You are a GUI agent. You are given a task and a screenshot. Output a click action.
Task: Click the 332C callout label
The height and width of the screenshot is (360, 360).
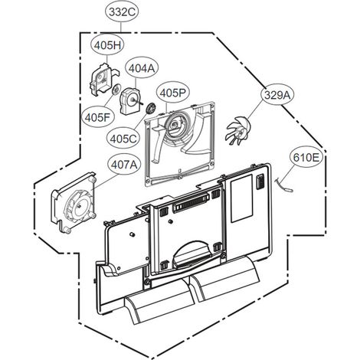(x=122, y=12)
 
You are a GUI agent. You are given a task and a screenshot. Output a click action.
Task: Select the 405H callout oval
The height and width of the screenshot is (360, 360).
(x=108, y=45)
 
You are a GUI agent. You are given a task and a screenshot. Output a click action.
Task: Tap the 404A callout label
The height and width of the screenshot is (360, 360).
(x=142, y=68)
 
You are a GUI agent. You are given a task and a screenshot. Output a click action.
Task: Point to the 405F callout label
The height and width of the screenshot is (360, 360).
(x=98, y=117)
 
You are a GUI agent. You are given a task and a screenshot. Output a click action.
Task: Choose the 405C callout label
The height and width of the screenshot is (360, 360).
(x=123, y=139)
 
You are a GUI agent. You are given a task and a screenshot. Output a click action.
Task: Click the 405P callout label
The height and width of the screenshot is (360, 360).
(x=172, y=93)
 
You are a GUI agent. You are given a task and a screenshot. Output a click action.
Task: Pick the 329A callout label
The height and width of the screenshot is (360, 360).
(x=277, y=95)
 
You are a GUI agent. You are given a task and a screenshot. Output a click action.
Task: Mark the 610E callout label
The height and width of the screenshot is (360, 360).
(x=306, y=157)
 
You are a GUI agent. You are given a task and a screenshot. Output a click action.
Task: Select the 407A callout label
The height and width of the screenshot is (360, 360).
(x=124, y=165)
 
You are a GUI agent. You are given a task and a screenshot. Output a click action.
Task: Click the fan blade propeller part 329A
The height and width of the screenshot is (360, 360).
(x=238, y=130)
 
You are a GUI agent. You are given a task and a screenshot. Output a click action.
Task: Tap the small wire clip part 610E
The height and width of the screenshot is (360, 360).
(x=284, y=185)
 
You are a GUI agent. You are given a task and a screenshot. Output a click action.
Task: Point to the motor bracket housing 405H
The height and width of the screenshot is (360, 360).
(x=103, y=79)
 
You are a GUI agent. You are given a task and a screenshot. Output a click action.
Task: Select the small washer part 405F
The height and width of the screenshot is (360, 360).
(x=116, y=90)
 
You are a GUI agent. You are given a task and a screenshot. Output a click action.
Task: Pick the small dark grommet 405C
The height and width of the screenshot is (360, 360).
(x=150, y=109)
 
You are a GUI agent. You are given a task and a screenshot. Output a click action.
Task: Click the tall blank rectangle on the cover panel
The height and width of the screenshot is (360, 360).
(x=241, y=198)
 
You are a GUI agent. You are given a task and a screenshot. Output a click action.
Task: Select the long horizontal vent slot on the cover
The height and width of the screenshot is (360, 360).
(x=191, y=202)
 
